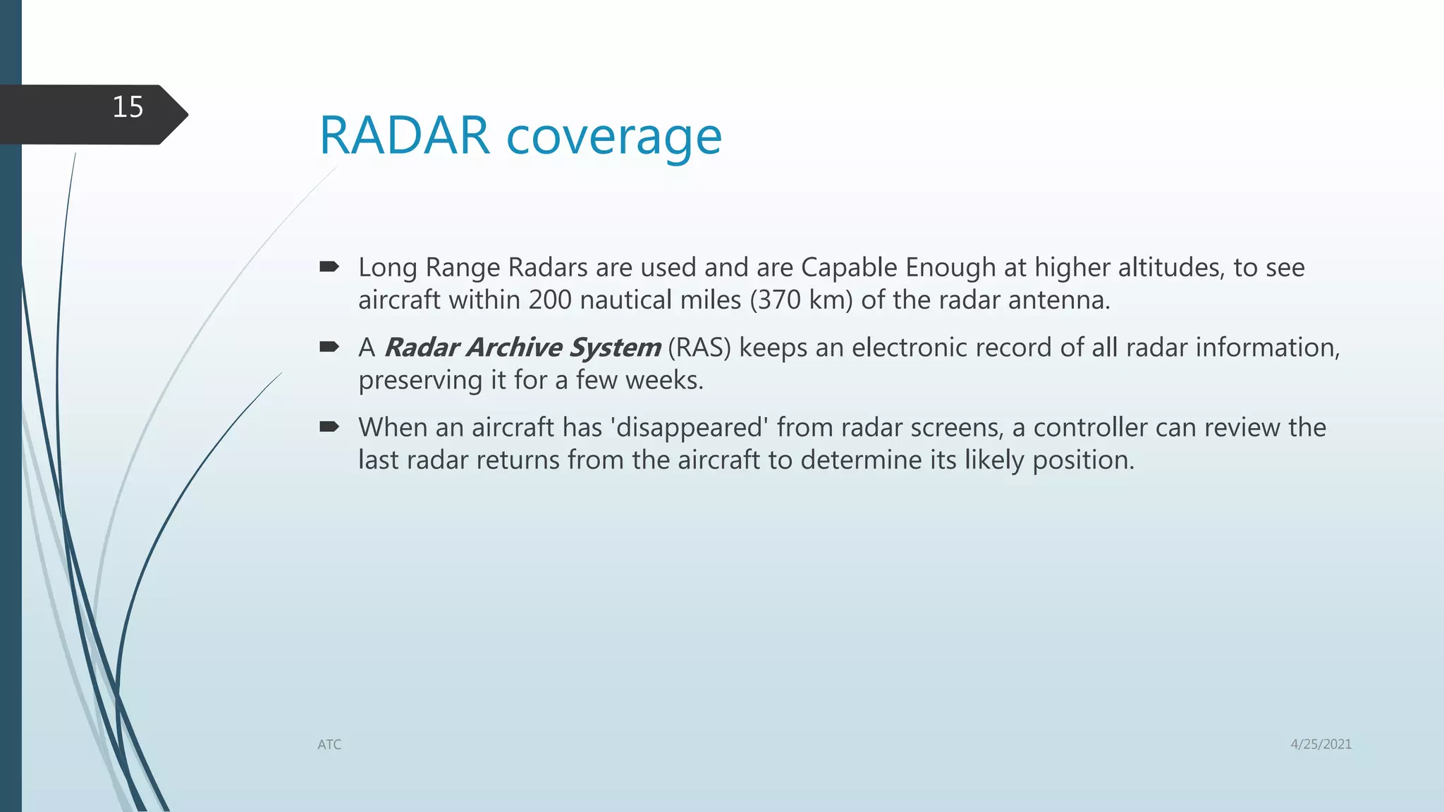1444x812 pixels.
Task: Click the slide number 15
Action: (128, 107)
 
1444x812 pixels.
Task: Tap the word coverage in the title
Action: (614, 137)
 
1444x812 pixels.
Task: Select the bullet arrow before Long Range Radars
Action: (329, 266)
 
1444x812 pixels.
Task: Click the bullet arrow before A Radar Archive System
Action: (329, 346)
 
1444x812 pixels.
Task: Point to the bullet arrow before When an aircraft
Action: (329, 426)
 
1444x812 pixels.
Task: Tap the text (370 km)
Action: (801, 300)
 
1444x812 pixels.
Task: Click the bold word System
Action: (615, 347)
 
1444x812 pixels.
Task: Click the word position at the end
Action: (1083, 461)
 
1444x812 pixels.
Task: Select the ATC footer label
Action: (329, 744)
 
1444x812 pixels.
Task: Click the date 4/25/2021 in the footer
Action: (1321, 744)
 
